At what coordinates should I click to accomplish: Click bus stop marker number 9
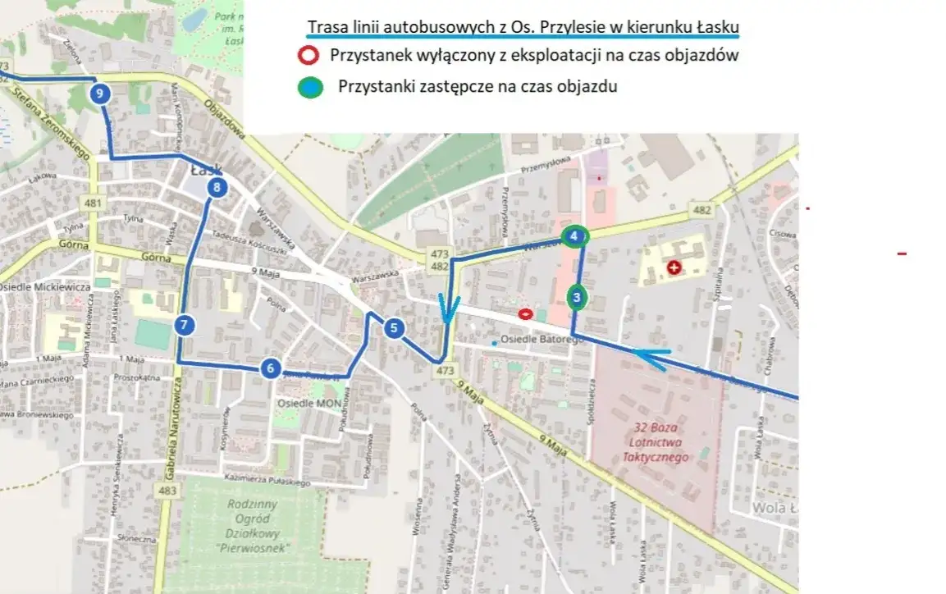(x=99, y=94)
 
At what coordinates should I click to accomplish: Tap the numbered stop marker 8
(x=217, y=188)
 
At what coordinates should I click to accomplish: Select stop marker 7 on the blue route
(x=185, y=325)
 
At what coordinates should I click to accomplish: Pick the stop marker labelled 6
(x=270, y=368)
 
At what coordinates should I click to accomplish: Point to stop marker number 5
(x=394, y=328)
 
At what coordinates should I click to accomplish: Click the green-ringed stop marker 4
(x=574, y=236)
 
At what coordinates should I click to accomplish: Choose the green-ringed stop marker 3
(x=577, y=296)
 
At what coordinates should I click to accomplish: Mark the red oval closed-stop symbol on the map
(x=525, y=313)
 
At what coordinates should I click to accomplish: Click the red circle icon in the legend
(x=309, y=57)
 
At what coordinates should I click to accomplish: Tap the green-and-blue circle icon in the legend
(x=309, y=86)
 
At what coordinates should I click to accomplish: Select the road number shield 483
(x=168, y=490)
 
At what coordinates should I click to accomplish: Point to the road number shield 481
(x=94, y=203)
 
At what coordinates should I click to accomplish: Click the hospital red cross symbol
(x=674, y=267)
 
